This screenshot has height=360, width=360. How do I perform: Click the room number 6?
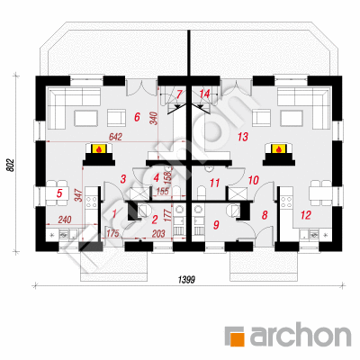[137, 117]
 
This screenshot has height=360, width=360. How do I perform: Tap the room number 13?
[243, 137]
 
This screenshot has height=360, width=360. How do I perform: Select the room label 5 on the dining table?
[59, 193]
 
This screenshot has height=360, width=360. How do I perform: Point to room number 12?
[306, 215]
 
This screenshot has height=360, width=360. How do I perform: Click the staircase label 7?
[179, 94]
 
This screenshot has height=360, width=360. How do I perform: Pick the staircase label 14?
[204, 94]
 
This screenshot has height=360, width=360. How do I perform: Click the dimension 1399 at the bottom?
[186, 280]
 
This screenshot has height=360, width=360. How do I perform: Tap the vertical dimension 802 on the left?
[11, 165]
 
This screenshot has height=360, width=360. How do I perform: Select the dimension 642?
[116, 137]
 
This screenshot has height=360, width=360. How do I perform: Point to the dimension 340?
[154, 118]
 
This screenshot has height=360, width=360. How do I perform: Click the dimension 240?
[65, 220]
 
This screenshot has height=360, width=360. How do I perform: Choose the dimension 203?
[158, 233]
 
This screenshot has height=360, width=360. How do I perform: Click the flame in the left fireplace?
[98, 148]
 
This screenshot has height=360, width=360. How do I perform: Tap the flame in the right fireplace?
[279, 148]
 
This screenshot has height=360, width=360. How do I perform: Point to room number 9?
[216, 225]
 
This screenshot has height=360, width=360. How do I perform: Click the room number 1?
[114, 214]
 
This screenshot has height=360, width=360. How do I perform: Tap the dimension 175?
[113, 233]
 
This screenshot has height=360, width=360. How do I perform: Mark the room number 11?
[215, 183]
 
